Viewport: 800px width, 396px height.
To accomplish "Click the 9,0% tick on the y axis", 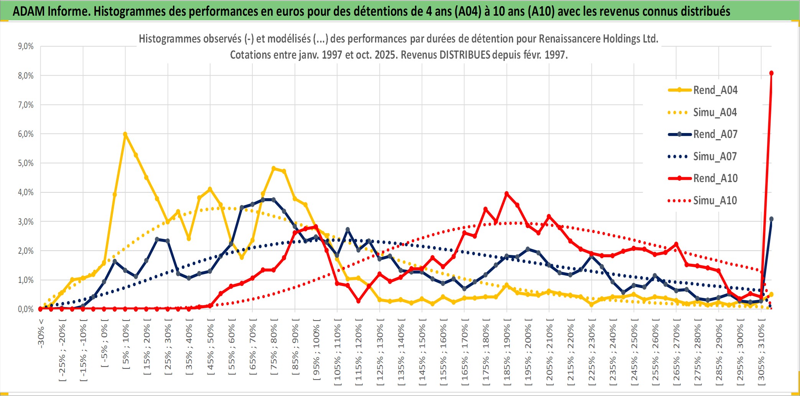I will pyautogui.click(x=26, y=46).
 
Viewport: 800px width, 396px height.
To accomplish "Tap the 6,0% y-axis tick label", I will pyautogui.click(x=26, y=134).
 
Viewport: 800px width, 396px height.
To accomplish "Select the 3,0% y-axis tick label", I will pyautogui.click(x=26, y=222).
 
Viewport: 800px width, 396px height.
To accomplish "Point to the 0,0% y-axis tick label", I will pyautogui.click(x=26, y=309).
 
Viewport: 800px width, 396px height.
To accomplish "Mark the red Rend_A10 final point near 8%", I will pyautogui.click(x=771, y=73).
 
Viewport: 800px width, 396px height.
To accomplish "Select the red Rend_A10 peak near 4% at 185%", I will pyautogui.click(x=507, y=194).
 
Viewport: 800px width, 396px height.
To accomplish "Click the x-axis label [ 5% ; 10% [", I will pyautogui.click(x=126, y=347).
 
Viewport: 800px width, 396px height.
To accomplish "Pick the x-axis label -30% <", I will pyautogui.click(x=41, y=334).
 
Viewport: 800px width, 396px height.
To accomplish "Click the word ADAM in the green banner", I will pyautogui.click(x=29, y=11).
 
